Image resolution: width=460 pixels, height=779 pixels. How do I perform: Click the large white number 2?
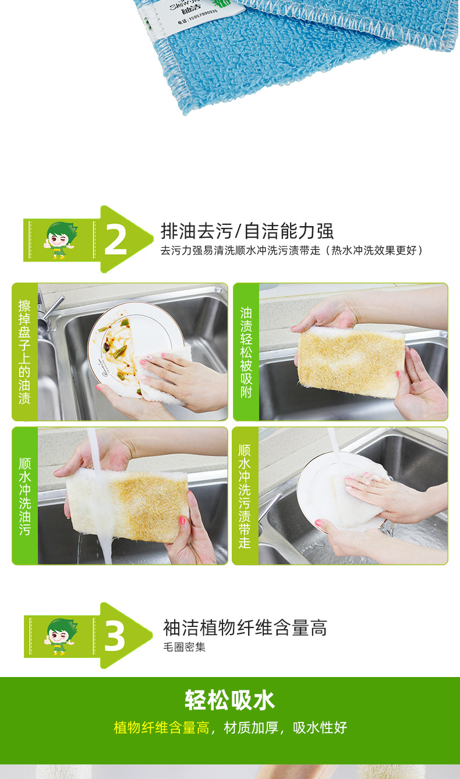(x=115, y=240)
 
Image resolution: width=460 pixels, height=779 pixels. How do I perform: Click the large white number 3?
(x=114, y=637)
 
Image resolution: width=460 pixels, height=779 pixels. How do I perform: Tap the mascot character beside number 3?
(x=60, y=637)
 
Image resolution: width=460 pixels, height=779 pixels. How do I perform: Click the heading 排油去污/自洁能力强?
(x=247, y=231)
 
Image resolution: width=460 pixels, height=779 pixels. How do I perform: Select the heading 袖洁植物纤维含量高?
(x=245, y=628)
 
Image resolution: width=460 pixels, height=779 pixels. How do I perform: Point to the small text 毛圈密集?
(x=185, y=647)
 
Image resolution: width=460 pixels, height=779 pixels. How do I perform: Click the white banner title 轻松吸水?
(x=230, y=700)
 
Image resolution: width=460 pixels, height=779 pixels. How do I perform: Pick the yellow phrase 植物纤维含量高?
(x=161, y=728)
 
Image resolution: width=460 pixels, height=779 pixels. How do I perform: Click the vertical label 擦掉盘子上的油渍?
(x=24, y=352)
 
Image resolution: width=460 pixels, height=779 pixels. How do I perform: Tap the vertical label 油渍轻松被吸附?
(x=246, y=352)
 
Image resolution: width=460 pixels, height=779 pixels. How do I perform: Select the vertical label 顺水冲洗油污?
(x=24, y=496)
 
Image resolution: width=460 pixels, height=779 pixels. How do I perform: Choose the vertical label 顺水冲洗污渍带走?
(x=245, y=496)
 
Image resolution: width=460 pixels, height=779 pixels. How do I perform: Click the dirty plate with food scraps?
(x=125, y=341)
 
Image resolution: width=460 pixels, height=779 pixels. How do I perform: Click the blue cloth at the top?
(x=291, y=52)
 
